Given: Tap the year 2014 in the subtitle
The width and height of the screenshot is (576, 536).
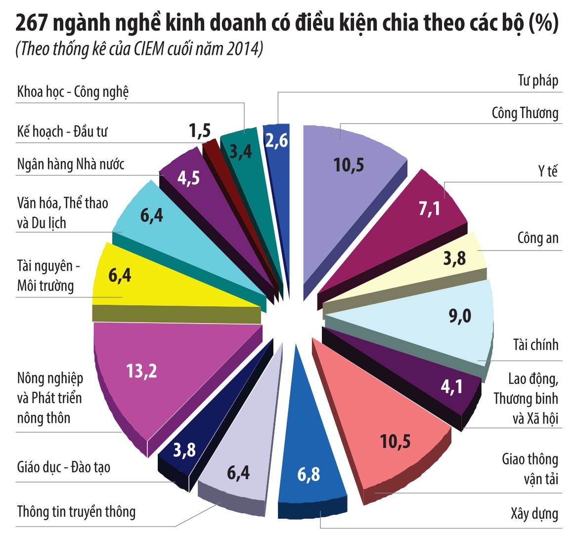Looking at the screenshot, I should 244,50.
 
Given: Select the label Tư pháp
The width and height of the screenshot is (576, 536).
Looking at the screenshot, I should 538,81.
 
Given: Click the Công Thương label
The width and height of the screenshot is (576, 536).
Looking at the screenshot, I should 525,113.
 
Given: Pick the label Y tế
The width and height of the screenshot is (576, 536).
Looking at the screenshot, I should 548,171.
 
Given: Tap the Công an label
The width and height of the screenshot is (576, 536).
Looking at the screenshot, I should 537,238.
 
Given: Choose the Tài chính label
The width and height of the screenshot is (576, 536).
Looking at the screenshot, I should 535,345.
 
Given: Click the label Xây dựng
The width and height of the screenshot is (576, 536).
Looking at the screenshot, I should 534,514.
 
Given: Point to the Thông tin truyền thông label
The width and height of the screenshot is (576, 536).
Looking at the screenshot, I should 76,511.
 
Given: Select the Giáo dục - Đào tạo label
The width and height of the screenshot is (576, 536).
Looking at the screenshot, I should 64,467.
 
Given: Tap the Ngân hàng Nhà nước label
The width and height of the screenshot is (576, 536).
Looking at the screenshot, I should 71,164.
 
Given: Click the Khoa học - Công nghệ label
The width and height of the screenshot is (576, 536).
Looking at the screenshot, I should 73,92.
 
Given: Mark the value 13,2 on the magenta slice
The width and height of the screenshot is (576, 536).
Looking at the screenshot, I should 141,370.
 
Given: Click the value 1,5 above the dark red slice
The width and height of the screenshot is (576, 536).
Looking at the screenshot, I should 200,131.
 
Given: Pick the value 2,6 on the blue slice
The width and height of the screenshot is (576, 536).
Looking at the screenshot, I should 276,141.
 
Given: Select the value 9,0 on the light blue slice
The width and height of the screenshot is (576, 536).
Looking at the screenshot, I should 460,316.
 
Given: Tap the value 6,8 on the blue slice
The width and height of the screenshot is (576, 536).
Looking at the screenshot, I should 309,474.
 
